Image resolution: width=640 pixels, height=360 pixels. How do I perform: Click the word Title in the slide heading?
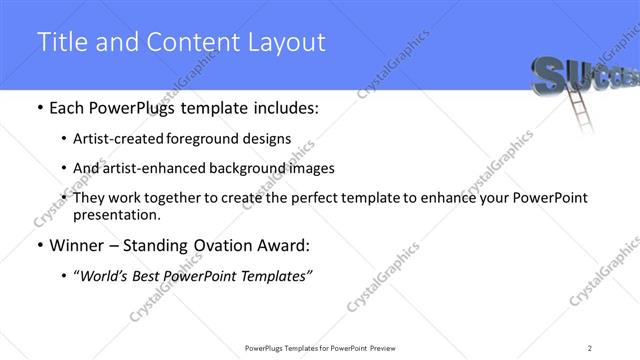click(x=61, y=42)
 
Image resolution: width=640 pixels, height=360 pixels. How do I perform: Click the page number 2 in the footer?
click(x=590, y=347)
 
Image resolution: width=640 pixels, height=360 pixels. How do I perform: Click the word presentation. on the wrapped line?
click(x=116, y=214)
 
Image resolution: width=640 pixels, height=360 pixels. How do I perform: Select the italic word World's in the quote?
click(x=104, y=275)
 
